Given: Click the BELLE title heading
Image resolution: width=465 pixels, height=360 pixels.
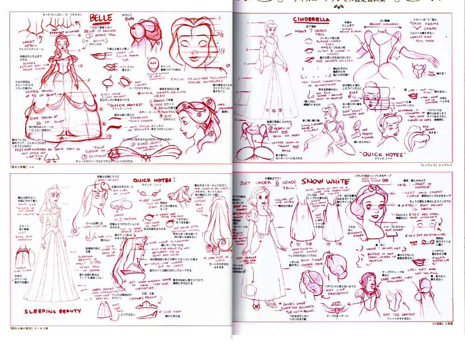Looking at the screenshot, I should (101, 19).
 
